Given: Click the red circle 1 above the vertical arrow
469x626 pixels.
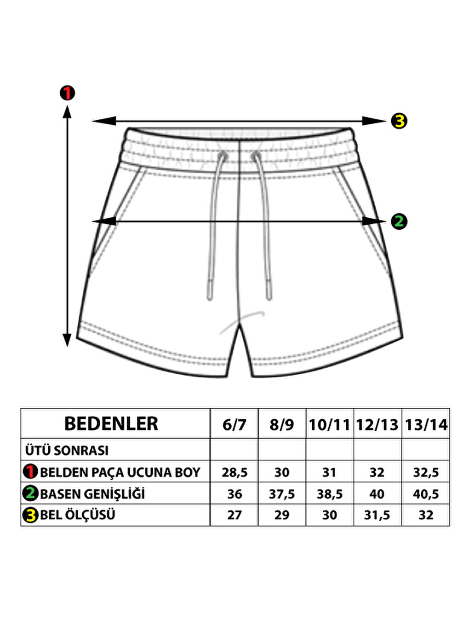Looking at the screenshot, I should (x=67, y=93).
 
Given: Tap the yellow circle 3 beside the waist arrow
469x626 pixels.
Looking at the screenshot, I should (x=399, y=121).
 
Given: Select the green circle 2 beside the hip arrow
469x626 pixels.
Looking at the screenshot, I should (x=399, y=221).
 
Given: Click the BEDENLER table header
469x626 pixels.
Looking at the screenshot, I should (x=111, y=423).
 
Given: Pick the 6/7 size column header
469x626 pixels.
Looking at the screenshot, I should (x=234, y=424).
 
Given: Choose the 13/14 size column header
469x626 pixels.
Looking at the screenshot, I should (x=426, y=424).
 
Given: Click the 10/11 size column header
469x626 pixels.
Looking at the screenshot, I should (x=329, y=424).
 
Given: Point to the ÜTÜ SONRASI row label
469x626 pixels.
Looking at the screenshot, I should (x=67, y=450).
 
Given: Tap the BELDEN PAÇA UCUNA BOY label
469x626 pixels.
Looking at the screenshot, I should (x=120, y=472).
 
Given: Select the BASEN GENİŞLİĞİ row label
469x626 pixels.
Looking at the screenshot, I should (x=92, y=494).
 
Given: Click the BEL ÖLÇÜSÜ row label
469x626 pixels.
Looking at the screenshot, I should (x=77, y=515).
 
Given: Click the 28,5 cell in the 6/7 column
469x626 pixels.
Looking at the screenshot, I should (x=234, y=472).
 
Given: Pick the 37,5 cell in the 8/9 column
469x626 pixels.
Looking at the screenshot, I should (x=282, y=494).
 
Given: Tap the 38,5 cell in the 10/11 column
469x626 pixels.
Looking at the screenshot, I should (x=330, y=494).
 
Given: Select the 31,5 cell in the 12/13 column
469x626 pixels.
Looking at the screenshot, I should (x=377, y=515).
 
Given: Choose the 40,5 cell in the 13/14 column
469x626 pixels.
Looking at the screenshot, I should (x=426, y=494).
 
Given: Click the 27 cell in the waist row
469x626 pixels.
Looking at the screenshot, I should (x=234, y=515).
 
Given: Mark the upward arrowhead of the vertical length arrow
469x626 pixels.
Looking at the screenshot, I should (x=67, y=112).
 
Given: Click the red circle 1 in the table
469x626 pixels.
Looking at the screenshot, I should (x=30, y=472).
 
